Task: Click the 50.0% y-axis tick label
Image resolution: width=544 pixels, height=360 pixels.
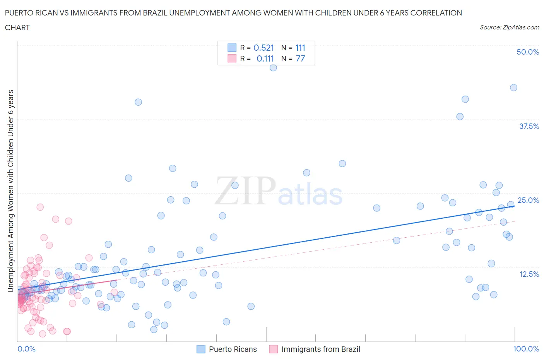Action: [x=527, y=52]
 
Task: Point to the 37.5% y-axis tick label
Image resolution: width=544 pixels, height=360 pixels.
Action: [x=529, y=126]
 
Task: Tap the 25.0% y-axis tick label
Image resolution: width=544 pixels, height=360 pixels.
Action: [x=528, y=200]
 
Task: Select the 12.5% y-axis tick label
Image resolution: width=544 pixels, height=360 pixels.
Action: [x=529, y=274]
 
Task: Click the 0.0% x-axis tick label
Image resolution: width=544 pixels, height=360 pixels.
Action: [x=27, y=349]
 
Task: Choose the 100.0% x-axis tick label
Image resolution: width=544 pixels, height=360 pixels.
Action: [x=526, y=349]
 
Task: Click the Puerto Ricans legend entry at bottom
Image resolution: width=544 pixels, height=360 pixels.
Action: [x=233, y=349]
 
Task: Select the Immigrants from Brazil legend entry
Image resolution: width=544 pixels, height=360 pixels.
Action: [x=320, y=349]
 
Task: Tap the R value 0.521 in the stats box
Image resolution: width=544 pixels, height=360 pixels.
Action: [x=263, y=48]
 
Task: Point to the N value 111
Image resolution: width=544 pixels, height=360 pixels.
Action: [x=300, y=48]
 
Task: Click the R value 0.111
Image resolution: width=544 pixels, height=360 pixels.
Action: [x=265, y=58]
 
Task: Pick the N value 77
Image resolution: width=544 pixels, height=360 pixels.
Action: [x=300, y=58]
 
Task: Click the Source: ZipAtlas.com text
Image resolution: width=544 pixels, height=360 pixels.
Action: [x=509, y=27]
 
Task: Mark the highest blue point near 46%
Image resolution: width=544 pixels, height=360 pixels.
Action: [x=273, y=68]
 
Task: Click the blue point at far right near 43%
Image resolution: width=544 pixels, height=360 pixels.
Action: [x=513, y=87]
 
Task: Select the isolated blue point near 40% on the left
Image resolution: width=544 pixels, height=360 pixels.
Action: [x=138, y=102]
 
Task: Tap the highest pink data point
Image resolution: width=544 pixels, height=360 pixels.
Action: [x=40, y=207]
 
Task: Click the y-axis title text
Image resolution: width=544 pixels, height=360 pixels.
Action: [x=11, y=190]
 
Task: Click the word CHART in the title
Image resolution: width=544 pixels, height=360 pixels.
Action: [x=17, y=27]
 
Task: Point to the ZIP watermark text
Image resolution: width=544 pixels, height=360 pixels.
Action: [x=245, y=191]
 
